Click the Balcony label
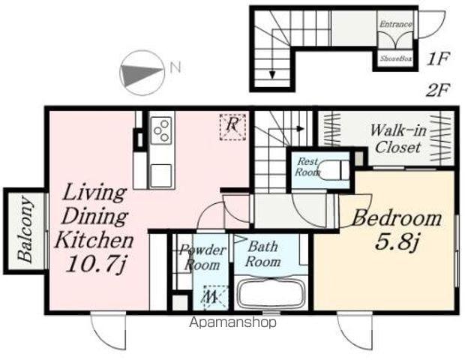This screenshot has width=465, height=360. pos(25,229)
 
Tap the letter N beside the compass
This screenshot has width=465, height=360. pos(175,67)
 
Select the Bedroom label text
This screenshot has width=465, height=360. pos(397,218)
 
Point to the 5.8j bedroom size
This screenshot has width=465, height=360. pos(397,242)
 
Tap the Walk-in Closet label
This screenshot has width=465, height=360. pos(398,139)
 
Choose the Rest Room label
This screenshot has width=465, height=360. pos(307,166)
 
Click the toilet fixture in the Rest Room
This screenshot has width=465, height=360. pos(334,170)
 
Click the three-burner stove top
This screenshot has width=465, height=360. pos(161,130)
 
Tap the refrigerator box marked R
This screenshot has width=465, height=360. pos(232,127)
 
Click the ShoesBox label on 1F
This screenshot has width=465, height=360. pos(396,58)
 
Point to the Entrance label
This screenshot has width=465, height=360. pos(396,24)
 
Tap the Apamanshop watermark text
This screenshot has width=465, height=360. pos(232,322)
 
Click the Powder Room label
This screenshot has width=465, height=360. pos(202,257)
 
